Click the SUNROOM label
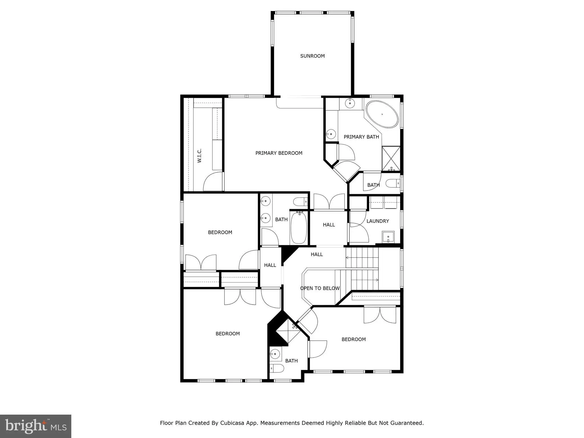pyautogui.click(x=312, y=56)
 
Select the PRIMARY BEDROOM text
pyautogui.click(x=279, y=153)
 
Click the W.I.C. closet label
pyautogui.click(x=199, y=155)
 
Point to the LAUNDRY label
pyautogui.click(x=378, y=221)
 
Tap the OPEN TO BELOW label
pyautogui.click(x=320, y=288)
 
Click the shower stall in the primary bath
pyautogui.click(x=391, y=159)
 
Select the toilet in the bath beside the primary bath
pyautogui.click(x=393, y=183)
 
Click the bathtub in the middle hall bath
pyautogui.click(x=299, y=227)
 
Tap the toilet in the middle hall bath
pyautogui.click(x=301, y=202)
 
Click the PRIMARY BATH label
pyautogui.click(x=361, y=137)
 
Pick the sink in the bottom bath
pyautogui.click(x=275, y=354)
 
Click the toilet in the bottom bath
pyautogui.click(x=277, y=368)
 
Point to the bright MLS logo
pyautogui.click(x=36, y=426)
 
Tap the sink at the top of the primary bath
pyautogui.click(x=350, y=103)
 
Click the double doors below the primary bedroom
pyautogui.click(x=329, y=202)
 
